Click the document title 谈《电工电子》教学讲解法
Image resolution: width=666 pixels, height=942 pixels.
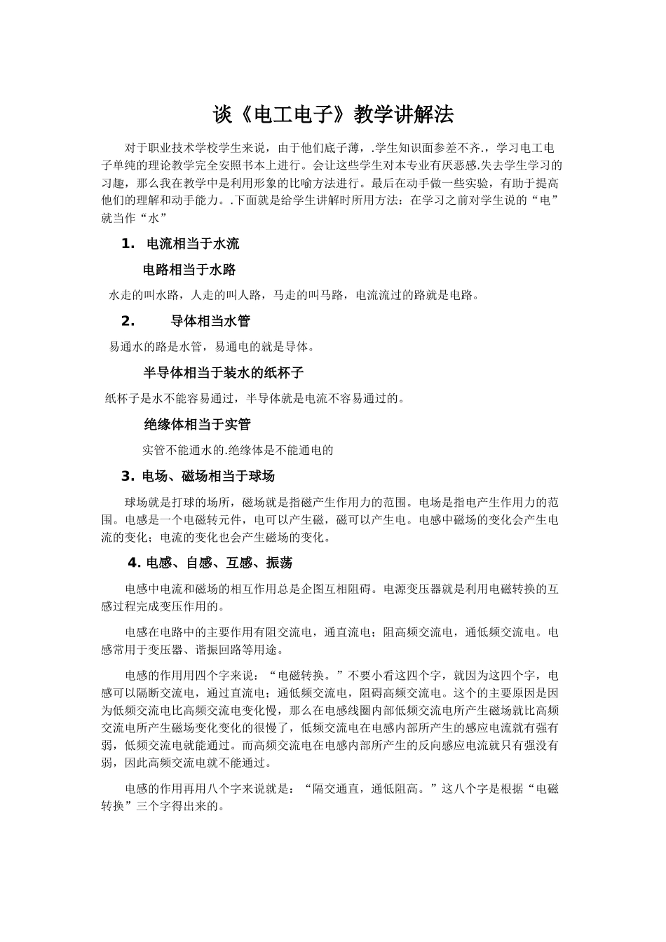[333, 114]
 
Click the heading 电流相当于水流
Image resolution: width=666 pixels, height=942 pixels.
[192, 244]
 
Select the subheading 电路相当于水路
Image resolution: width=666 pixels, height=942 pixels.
[189, 269]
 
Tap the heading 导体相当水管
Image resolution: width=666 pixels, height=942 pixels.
[210, 321]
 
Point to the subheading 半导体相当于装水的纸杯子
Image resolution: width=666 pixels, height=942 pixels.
[224, 372]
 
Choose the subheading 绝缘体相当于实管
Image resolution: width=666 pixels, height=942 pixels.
[198, 424]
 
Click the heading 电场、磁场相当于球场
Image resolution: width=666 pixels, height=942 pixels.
[208, 477]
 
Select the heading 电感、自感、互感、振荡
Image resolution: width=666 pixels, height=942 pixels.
[219, 563]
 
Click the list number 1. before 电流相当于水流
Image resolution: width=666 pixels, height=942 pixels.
[128, 244]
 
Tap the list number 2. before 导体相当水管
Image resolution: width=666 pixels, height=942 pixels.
[128, 321]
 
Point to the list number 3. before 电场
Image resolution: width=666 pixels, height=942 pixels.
[128, 477]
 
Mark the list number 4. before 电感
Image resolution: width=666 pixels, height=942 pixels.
[135, 563]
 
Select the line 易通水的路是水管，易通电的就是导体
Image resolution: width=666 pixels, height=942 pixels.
[212, 346]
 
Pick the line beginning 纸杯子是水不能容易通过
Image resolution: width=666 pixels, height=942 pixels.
[255, 399]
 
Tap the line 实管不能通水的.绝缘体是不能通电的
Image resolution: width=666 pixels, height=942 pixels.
[238, 450]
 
